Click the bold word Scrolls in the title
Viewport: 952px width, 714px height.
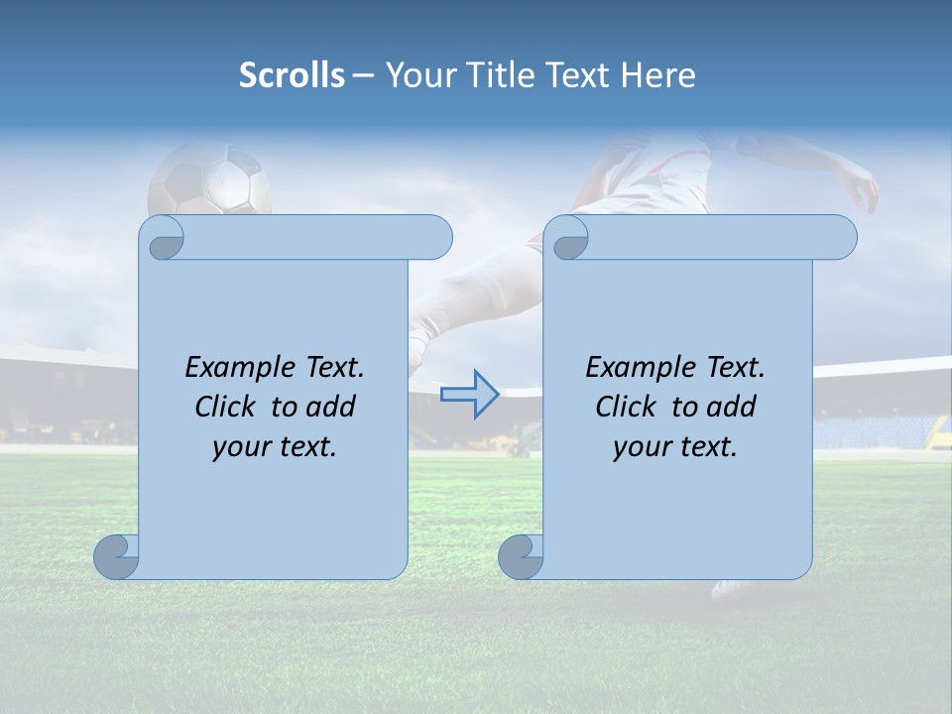292,74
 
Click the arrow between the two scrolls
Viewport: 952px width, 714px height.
469,395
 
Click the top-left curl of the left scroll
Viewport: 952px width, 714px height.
163,238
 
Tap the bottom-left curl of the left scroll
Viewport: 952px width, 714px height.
117,557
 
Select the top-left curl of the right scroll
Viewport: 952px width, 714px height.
567,238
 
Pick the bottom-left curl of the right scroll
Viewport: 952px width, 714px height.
521,557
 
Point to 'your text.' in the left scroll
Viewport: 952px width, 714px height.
275,447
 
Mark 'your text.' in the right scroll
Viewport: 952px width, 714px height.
675,447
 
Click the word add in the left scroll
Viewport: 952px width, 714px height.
330,407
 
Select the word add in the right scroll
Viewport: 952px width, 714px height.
731,407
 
